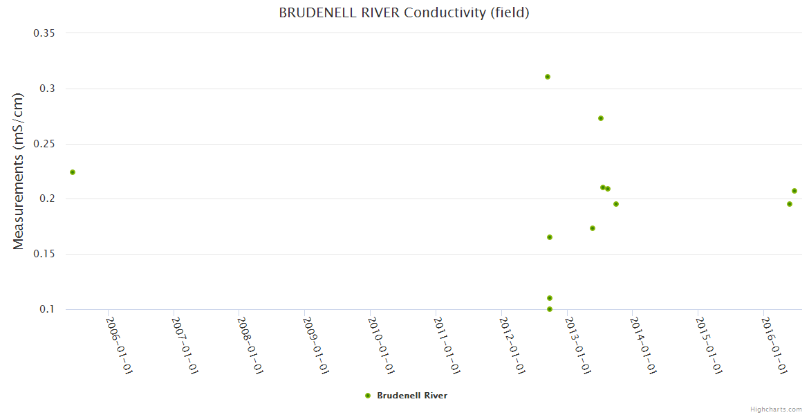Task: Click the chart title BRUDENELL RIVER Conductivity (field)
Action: pos(404,12)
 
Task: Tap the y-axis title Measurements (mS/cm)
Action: pos(19,171)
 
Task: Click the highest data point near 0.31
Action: pos(547,77)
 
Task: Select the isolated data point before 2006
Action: pos(73,172)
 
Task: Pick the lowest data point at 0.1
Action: pos(550,309)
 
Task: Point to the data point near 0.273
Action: pos(601,118)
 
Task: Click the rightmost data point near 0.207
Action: pos(794,191)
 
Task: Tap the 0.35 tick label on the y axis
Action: pos(45,33)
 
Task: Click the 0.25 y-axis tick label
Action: pos(45,144)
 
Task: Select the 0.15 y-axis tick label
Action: pos(45,254)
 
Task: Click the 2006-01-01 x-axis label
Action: pos(119,345)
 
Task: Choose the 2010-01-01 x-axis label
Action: pos(381,345)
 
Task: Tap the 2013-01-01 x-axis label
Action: pos(577,345)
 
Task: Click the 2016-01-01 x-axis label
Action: pos(774,345)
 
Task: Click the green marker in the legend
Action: pos(368,396)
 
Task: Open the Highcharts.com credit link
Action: pos(776,409)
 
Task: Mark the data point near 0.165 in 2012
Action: pos(550,237)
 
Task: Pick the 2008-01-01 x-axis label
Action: pos(250,345)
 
